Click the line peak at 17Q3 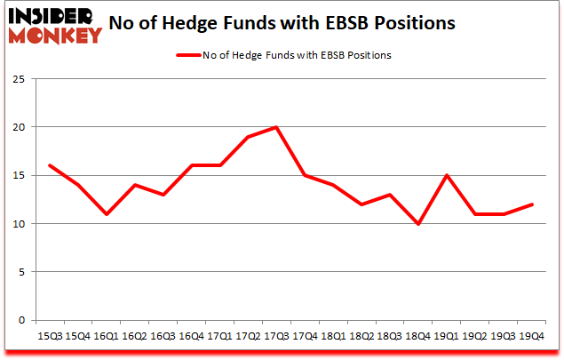coord(277,127)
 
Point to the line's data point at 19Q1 coord(448,175)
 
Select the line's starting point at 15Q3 coord(49,165)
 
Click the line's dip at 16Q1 coord(106,214)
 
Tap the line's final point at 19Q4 coord(533,204)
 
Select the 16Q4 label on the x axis coord(191,336)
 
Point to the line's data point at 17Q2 coord(248,137)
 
